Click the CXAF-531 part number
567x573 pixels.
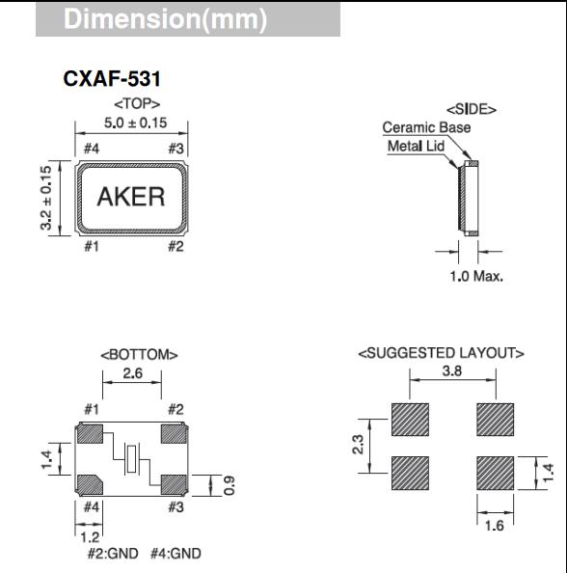tap(111, 81)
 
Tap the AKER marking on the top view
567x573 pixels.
tap(131, 197)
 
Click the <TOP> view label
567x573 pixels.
tap(137, 102)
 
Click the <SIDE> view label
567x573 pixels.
tap(471, 110)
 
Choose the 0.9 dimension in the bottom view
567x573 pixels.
tap(229, 484)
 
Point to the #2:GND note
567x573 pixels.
tap(112, 554)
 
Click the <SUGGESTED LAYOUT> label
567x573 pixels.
tap(441, 353)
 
